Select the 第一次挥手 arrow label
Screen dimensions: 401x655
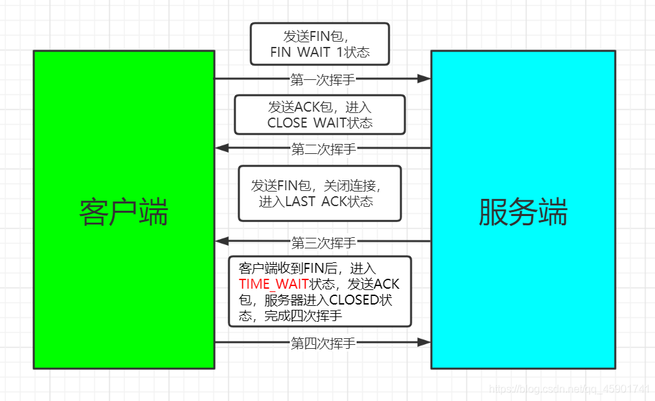pos(323,79)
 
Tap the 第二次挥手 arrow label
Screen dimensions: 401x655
pos(324,149)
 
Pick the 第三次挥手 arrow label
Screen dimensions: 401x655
pos(324,242)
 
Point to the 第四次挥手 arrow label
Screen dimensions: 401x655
pos(323,342)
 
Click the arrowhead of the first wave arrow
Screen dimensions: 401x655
pos(423,79)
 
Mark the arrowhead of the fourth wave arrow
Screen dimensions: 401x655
pos(423,342)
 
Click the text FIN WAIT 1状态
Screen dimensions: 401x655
pos(320,52)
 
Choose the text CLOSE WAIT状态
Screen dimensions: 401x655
pos(320,122)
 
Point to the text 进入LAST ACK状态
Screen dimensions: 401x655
pos(316,201)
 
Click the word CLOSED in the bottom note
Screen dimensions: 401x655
pos(354,300)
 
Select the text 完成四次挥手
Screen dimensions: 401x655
pos(303,316)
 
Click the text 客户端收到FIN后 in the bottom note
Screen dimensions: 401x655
pos(288,268)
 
